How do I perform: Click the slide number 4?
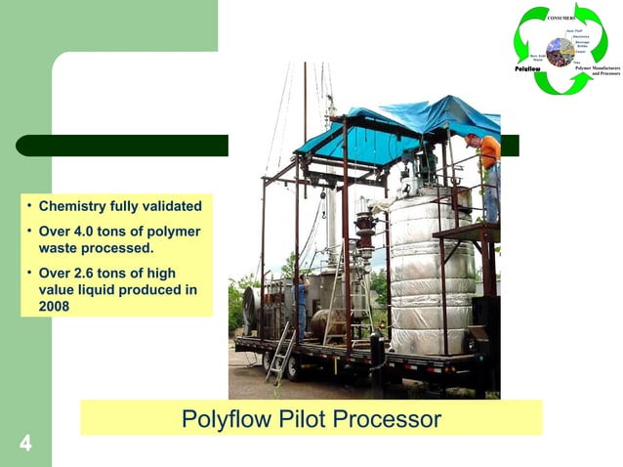tap(25, 445)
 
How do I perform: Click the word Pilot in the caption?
tap(293, 420)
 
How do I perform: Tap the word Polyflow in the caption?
tap(218, 420)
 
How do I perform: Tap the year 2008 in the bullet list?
tap(54, 306)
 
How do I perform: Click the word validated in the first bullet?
tap(167, 206)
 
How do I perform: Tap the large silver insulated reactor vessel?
tap(430, 274)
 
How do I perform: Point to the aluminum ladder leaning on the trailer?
tap(281, 354)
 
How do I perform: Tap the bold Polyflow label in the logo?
tap(528, 68)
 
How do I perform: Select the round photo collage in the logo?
tap(561, 52)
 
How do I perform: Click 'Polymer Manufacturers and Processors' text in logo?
tap(598, 69)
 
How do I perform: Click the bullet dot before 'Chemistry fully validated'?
tap(30, 206)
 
